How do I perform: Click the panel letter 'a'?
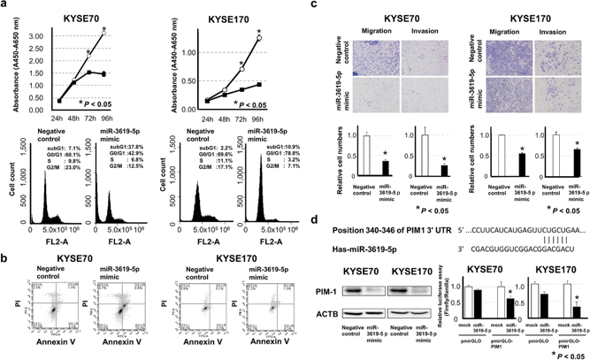click(5, 7)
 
